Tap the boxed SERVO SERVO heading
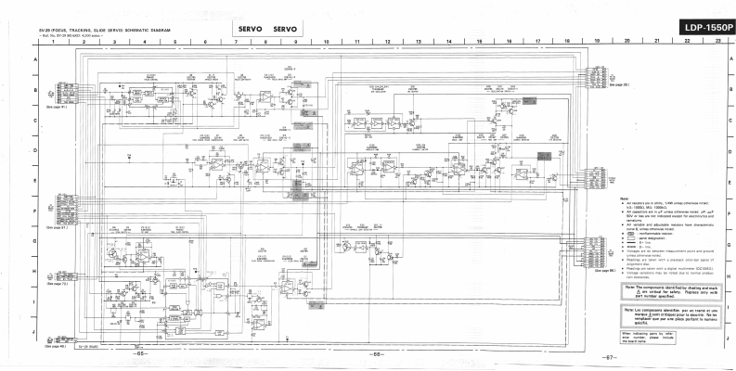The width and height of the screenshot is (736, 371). click(x=265, y=29)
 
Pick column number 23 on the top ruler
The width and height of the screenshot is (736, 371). click(x=717, y=42)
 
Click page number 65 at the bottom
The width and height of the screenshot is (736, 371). click(x=140, y=355)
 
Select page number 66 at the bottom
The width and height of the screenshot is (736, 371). click(x=378, y=355)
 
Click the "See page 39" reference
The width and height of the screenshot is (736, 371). click(x=620, y=96)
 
